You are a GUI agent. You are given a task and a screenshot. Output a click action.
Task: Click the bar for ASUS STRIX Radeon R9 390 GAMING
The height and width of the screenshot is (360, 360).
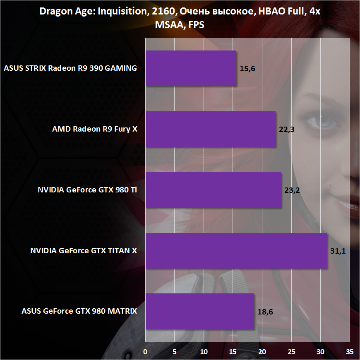(191, 68)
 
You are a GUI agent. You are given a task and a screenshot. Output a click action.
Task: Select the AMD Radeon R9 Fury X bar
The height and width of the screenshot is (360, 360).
(210, 129)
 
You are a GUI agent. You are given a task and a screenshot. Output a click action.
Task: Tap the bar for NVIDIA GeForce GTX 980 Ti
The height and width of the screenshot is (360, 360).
(213, 190)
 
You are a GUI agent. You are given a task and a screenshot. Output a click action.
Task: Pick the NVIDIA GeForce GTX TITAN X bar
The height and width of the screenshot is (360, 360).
(236, 251)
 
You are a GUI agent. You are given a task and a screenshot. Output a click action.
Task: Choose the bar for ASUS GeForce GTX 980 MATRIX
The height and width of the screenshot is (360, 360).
(199, 312)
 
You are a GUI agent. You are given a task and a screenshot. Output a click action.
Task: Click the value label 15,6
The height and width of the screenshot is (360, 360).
(248, 69)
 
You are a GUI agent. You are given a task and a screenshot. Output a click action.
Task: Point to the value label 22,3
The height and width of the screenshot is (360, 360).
(287, 130)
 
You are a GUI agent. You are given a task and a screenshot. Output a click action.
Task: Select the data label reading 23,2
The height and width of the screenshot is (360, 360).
(292, 190)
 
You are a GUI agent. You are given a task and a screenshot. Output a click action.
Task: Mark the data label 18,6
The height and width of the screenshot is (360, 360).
(265, 312)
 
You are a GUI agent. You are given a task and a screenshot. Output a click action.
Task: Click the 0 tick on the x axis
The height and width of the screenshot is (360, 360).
(146, 352)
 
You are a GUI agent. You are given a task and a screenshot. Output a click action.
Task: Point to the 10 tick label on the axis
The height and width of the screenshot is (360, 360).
(204, 352)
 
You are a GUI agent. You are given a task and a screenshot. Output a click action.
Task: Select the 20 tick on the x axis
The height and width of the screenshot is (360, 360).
(262, 352)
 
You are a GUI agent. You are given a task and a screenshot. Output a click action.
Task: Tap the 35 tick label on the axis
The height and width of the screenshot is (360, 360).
(350, 352)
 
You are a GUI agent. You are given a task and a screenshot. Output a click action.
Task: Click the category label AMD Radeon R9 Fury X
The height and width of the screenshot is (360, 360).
(95, 129)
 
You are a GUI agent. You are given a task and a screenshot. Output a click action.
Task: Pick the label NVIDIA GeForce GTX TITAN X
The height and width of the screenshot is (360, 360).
(84, 251)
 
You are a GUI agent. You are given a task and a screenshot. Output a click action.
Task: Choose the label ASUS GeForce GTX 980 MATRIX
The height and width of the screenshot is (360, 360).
(79, 312)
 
